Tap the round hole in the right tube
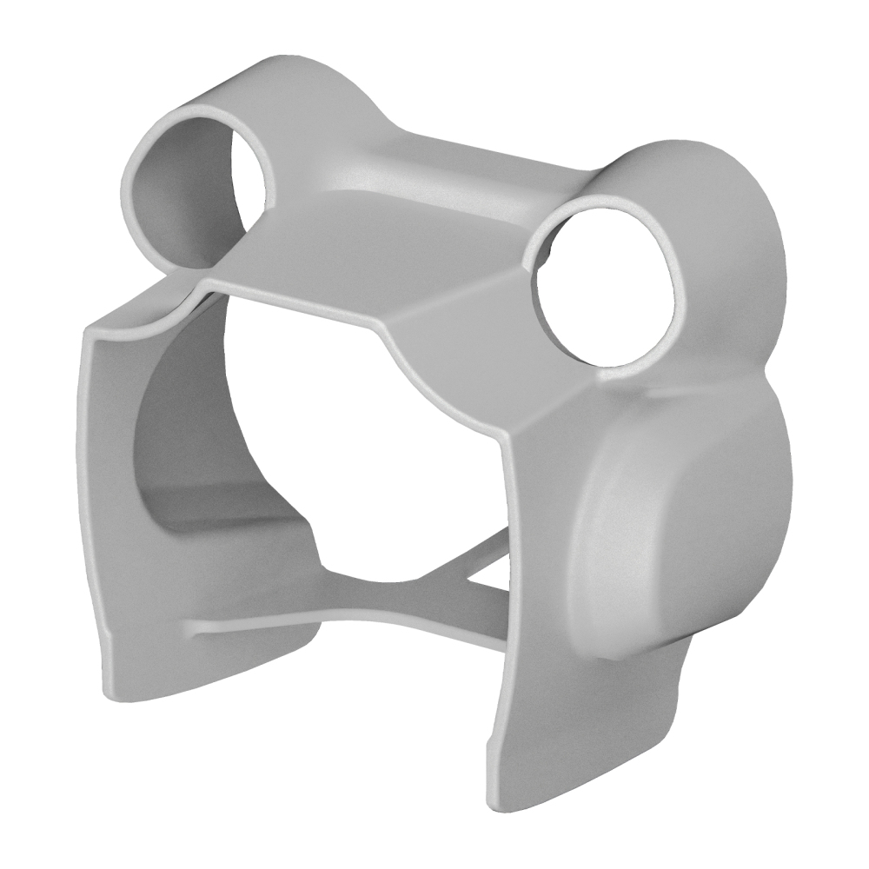[608, 287]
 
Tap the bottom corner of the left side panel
[117, 691]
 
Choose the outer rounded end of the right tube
[739, 226]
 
